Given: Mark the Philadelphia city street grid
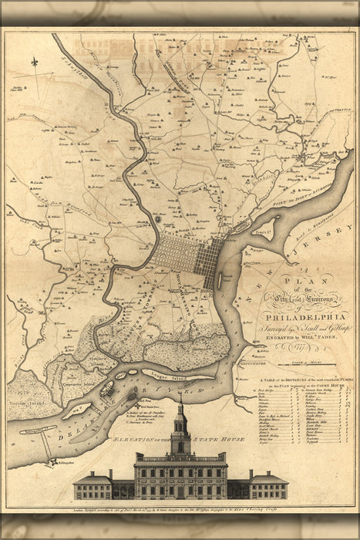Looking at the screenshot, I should [x=185, y=261].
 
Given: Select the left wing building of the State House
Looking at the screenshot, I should [x=93, y=487].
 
